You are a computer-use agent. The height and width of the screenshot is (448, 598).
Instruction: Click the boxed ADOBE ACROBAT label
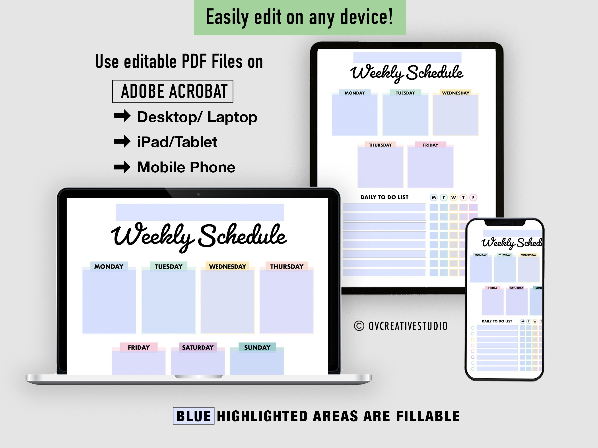(x=173, y=91)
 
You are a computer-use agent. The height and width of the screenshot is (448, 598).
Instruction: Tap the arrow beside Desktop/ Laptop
(x=122, y=116)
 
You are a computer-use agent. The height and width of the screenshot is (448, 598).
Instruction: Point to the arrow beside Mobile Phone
(x=122, y=167)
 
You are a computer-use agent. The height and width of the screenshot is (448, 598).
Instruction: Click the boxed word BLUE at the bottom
(x=194, y=416)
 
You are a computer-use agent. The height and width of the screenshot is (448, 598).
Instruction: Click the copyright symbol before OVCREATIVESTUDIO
(x=359, y=326)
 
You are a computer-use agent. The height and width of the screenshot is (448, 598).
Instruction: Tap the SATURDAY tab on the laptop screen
(x=198, y=347)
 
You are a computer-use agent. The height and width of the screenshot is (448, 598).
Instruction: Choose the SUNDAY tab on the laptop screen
(x=257, y=347)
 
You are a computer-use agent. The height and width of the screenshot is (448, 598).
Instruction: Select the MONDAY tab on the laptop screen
(x=109, y=267)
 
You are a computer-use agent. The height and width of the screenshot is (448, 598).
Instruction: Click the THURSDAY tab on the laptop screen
(x=287, y=267)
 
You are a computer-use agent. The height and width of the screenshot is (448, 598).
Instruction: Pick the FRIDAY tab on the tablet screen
(x=430, y=145)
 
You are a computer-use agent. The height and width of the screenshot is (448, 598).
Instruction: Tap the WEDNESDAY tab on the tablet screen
(x=456, y=93)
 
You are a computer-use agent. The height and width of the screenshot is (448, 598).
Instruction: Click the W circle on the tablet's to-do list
(x=454, y=197)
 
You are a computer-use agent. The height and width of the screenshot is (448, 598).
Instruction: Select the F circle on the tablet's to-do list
(x=473, y=197)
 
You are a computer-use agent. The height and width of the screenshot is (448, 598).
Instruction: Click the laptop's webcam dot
(x=198, y=194)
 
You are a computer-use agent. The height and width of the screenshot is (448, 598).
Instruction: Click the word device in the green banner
(x=366, y=17)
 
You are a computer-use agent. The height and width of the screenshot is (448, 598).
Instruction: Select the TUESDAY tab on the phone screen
(x=505, y=255)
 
